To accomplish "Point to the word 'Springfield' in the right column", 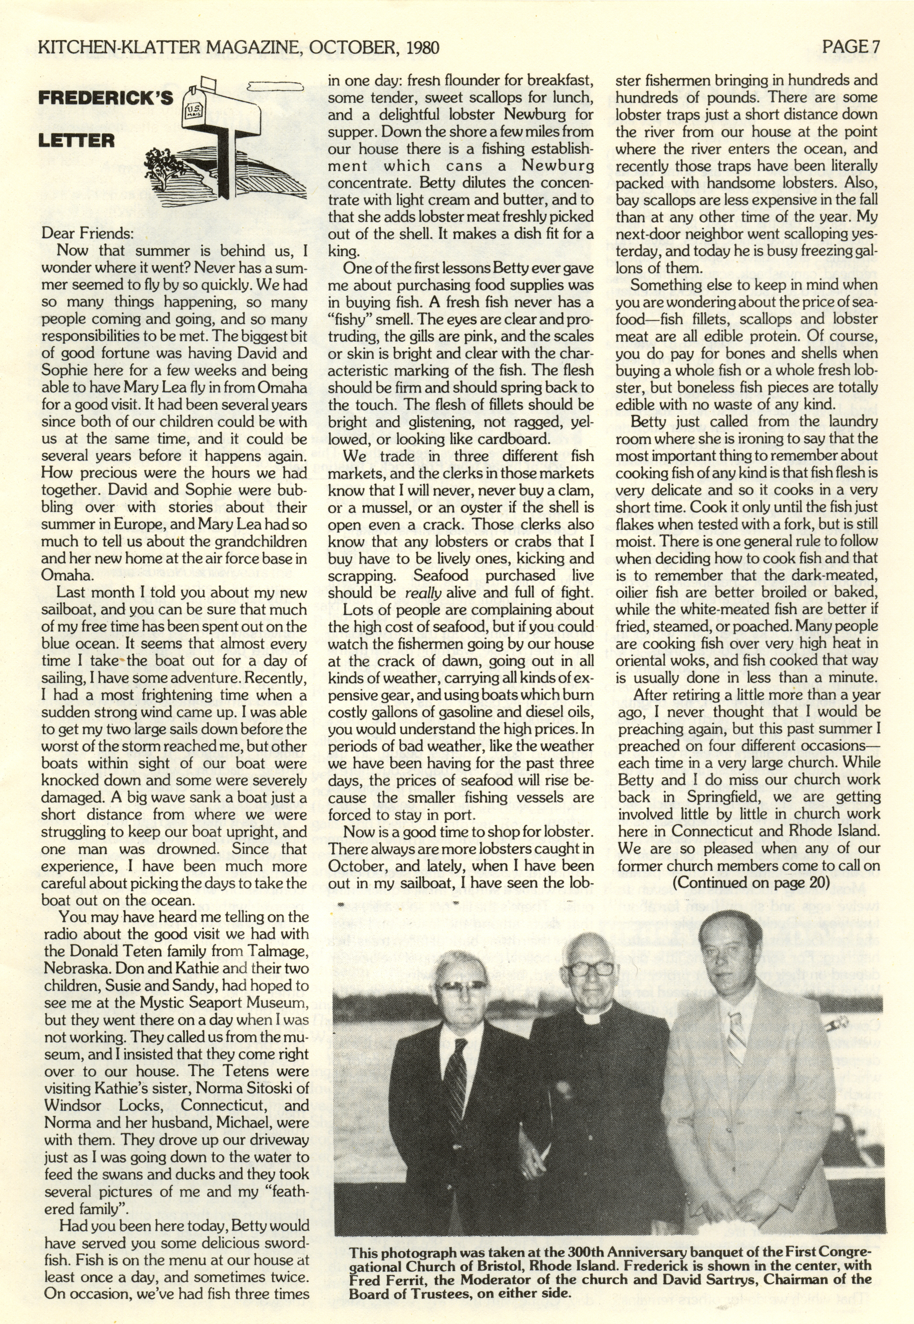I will click(x=713, y=797).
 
